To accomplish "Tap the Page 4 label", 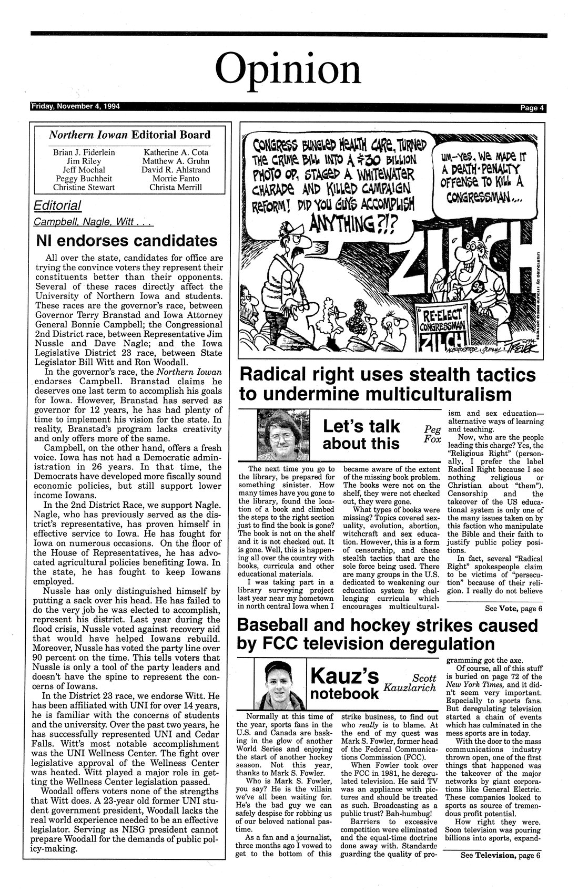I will tap(532, 108).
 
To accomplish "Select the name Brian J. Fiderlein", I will tap(84, 152).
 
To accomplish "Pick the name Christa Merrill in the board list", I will tap(175, 188).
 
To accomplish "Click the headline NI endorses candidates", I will tap(127, 241).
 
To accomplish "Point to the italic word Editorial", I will tap(58, 206).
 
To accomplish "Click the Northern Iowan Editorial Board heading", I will tap(129, 135).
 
